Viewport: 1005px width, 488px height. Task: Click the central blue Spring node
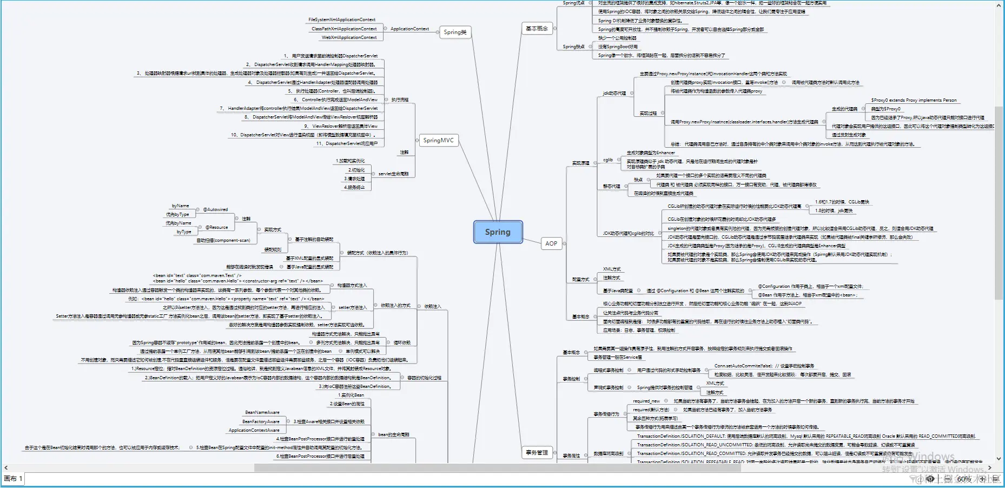click(498, 232)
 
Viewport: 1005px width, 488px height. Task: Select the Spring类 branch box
click(455, 32)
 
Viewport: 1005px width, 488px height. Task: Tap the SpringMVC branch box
click(438, 141)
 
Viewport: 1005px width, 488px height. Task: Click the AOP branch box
click(551, 244)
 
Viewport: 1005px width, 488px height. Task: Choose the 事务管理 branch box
click(537, 453)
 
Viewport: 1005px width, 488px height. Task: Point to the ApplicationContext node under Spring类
click(409, 29)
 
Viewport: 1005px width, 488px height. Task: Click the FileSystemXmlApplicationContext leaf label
click(341, 20)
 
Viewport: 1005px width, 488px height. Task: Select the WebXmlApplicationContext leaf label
click(349, 38)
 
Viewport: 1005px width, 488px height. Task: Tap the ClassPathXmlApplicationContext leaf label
click(344, 29)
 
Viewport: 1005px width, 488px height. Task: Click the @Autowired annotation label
click(215, 210)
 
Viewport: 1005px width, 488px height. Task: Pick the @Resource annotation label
click(216, 228)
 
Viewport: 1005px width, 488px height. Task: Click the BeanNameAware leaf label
click(262, 413)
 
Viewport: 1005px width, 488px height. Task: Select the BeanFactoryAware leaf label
click(261, 422)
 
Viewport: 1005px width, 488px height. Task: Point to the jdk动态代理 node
click(614, 94)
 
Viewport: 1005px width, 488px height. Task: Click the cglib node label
click(608, 160)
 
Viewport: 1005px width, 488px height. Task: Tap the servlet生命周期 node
click(393, 174)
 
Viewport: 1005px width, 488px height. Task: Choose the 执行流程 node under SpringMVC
click(400, 100)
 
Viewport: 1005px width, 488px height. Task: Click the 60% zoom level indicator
click(964, 479)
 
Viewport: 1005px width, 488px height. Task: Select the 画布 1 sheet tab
click(14, 479)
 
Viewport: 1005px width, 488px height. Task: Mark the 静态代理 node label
click(611, 187)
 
